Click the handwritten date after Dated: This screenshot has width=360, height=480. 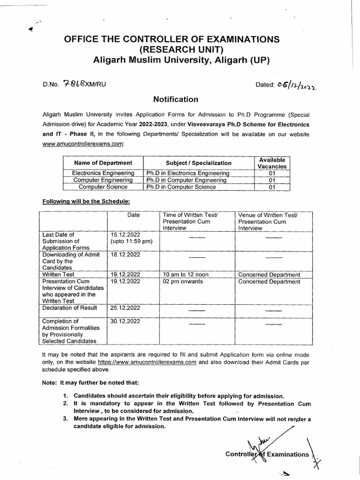(x=297, y=84)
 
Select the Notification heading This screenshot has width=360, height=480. (x=176, y=99)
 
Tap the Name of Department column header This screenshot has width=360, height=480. (x=103, y=163)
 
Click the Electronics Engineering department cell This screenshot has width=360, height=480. (x=103, y=173)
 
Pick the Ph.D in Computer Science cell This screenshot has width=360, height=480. (x=181, y=187)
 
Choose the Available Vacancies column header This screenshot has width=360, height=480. (x=272, y=163)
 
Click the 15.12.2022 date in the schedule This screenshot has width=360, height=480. (x=126, y=234)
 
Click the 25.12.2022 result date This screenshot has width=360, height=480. (x=126, y=308)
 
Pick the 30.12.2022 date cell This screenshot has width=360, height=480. (x=126, y=321)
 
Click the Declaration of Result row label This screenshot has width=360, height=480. (x=70, y=308)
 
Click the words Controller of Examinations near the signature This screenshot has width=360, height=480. (x=267, y=454)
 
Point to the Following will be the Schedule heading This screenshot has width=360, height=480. (x=86, y=201)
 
